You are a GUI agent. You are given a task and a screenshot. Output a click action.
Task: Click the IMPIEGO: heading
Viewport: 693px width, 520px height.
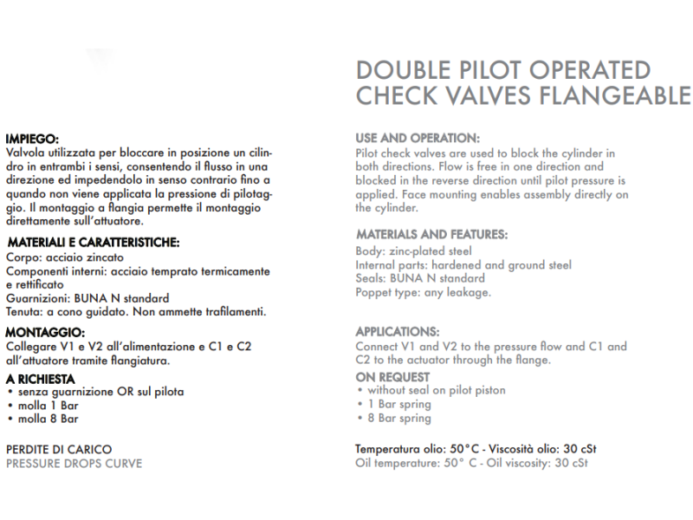pyautogui.click(x=32, y=139)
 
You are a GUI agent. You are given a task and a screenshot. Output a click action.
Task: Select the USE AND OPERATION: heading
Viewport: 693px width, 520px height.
pyautogui.click(x=418, y=138)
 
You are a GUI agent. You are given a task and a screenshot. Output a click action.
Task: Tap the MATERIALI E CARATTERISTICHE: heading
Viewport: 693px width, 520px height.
pyautogui.click(x=93, y=242)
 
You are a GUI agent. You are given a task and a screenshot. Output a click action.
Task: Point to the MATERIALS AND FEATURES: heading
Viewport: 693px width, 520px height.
pyautogui.click(x=431, y=235)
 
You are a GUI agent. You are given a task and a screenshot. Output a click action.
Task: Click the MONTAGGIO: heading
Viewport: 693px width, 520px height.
pyautogui.click(x=45, y=332)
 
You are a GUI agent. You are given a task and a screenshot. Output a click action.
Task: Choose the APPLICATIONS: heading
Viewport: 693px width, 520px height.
pyautogui.click(x=398, y=332)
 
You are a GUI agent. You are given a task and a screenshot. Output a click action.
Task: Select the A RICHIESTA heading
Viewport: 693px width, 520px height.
pyautogui.click(x=40, y=379)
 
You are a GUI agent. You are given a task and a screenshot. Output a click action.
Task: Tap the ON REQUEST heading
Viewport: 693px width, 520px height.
pyautogui.click(x=392, y=377)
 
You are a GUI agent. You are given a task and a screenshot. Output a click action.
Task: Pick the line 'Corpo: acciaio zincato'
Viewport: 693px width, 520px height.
pyautogui.click(x=65, y=257)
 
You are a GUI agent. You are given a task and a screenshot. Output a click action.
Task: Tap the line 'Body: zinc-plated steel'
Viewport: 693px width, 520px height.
pyautogui.click(x=414, y=251)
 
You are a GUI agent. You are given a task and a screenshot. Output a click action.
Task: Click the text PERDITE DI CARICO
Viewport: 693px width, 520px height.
pyautogui.click(x=59, y=450)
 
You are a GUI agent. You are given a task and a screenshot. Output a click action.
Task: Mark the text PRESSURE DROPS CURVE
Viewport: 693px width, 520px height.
pyautogui.click(x=74, y=464)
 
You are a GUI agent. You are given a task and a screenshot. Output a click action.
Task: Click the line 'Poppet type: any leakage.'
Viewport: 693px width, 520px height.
pyautogui.click(x=424, y=292)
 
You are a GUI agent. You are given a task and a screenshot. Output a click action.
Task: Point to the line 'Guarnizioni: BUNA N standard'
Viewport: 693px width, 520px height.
pyautogui.click(x=87, y=298)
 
